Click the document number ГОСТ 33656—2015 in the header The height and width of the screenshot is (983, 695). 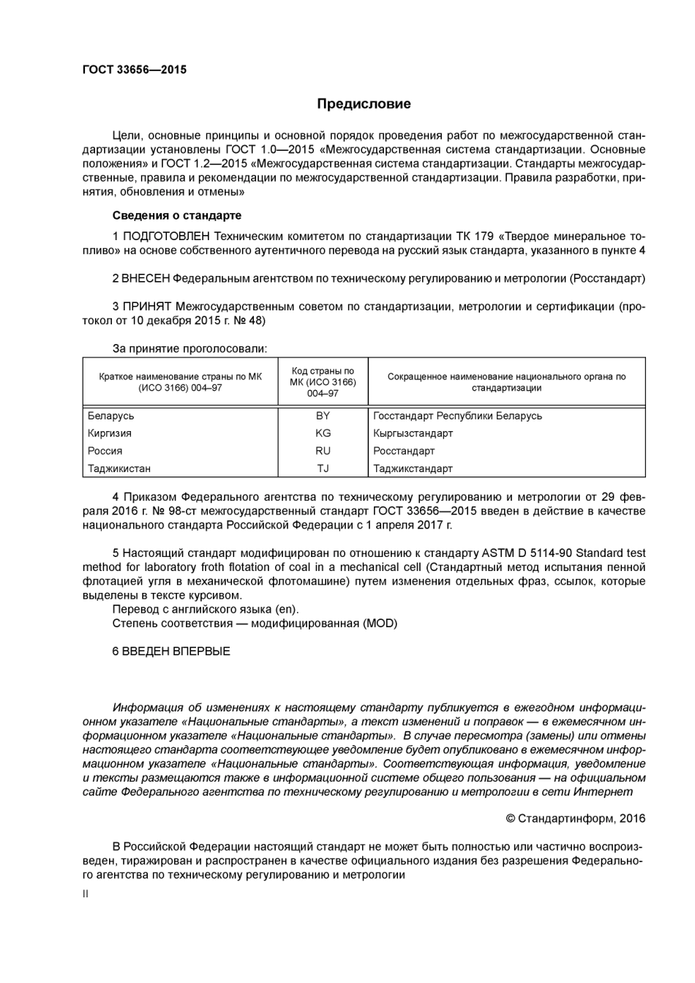point(134,70)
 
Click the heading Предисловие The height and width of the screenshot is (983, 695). point(364,104)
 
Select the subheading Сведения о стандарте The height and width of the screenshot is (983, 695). point(176,215)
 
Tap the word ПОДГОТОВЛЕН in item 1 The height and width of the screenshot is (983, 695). point(166,236)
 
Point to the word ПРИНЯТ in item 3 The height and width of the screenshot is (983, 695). point(146,307)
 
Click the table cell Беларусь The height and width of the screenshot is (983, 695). point(111,416)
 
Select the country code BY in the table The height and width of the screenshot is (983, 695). point(323,416)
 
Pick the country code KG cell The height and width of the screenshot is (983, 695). point(323,433)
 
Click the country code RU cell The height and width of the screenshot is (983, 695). point(323,451)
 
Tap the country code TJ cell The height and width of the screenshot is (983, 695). point(323,468)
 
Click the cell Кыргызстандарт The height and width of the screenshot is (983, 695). point(413,433)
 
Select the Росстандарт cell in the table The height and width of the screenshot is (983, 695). point(404,451)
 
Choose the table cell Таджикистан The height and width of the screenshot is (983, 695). point(119,468)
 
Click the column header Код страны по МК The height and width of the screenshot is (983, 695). point(323,382)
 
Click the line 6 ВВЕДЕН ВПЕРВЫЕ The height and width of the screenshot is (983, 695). point(171,651)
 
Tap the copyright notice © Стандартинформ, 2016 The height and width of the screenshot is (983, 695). point(575,818)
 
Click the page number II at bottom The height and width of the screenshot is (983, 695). point(86,894)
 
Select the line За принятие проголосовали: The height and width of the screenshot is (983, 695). point(189,348)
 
